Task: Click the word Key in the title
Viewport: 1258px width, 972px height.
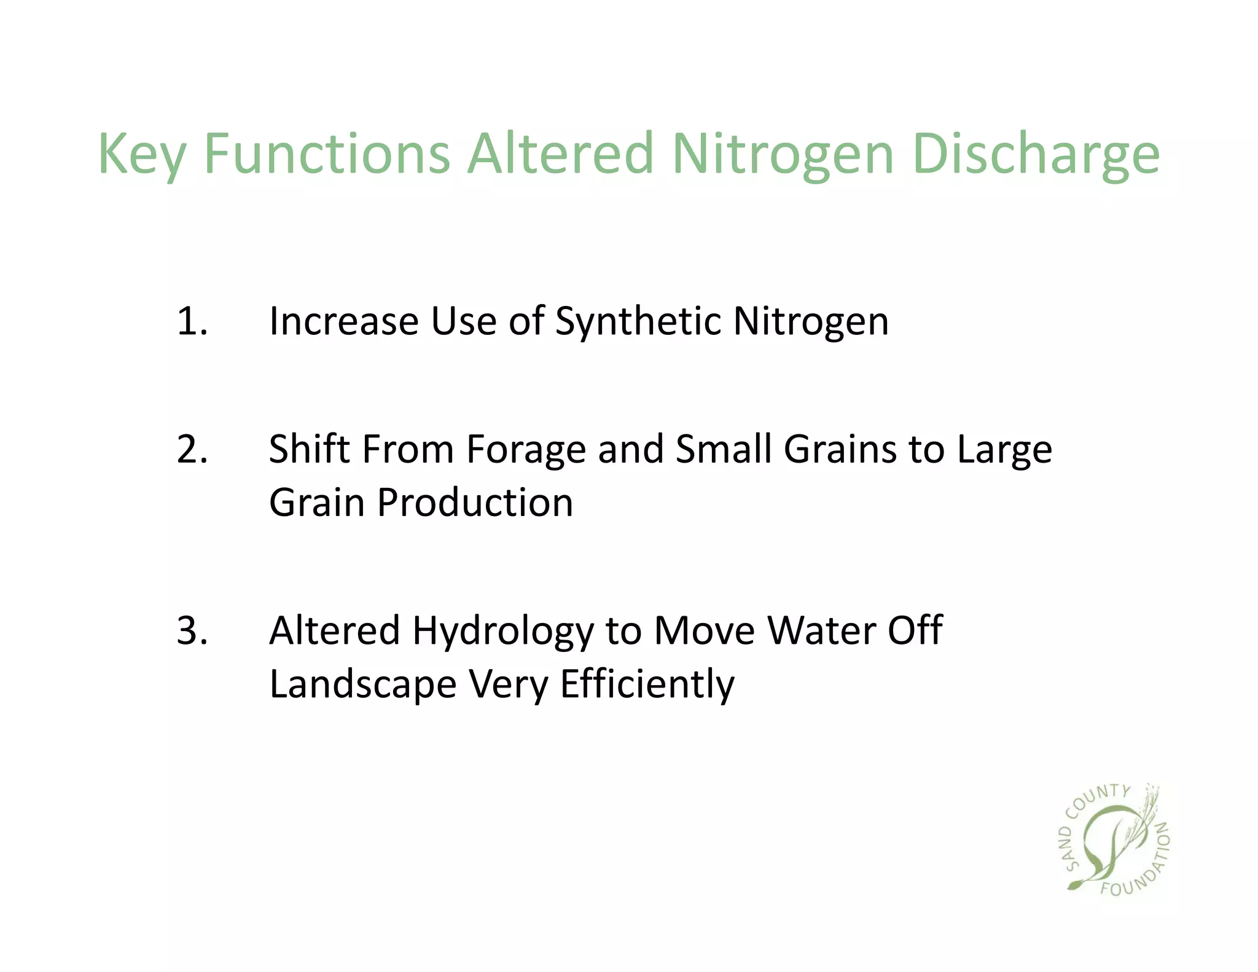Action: (x=141, y=155)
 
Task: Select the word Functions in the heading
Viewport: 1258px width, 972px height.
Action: (x=327, y=154)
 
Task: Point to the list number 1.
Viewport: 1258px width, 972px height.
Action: (x=191, y=321)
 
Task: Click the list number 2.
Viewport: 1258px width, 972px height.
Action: (x=191, y=449)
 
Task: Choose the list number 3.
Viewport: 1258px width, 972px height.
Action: (x=191, y=631)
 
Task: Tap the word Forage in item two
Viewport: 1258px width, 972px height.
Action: (x=526, y=450)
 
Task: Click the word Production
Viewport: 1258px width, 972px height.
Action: (x=475, y=503)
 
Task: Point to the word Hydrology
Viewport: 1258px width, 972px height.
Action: (x=502, y=632)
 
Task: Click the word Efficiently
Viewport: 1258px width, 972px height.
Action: (x=647, y=684)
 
